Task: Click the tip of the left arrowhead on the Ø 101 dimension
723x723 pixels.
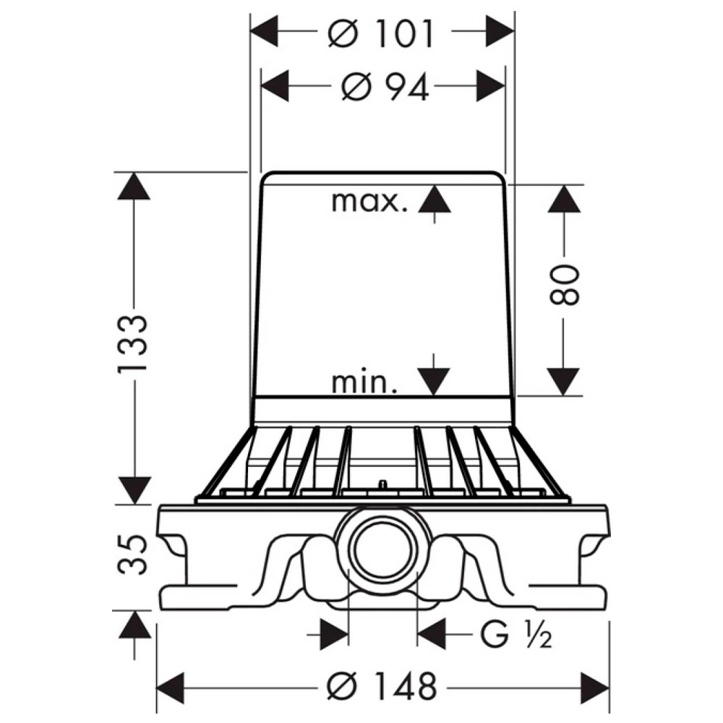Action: point(250,31)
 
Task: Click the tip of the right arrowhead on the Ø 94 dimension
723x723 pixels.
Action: point(505,86)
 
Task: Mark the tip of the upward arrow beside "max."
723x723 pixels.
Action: point(434,184)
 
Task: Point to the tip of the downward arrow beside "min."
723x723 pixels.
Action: point(433,395)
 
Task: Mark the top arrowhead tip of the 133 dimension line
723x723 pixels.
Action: point(134,172)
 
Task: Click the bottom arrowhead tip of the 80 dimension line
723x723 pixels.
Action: point(563,395)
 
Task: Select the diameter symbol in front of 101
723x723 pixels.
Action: point(343,34)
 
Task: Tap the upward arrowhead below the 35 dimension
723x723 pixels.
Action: point(134,625)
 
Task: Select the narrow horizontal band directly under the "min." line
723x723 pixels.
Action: point(382,409)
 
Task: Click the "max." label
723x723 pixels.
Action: point(369,202)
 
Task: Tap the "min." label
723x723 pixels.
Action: point(364,382)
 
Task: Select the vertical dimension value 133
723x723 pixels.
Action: point(133,344)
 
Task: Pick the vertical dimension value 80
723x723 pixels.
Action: point(564,284)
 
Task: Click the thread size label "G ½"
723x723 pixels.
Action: point(516,635)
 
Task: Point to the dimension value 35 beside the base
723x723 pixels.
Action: point(133,555)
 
